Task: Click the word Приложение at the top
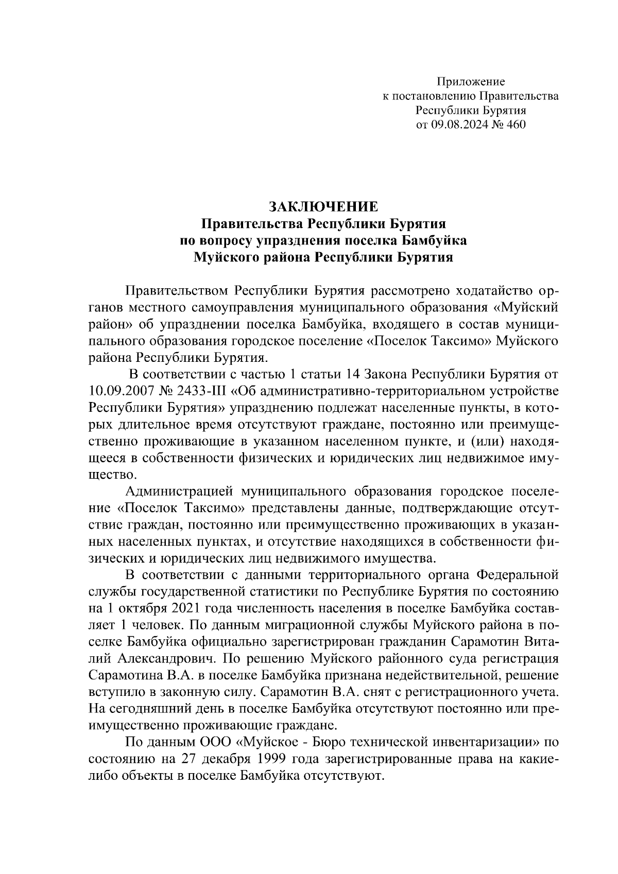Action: point(471,81)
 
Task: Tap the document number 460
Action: point(516,124)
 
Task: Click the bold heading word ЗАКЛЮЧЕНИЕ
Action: point(323,206)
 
